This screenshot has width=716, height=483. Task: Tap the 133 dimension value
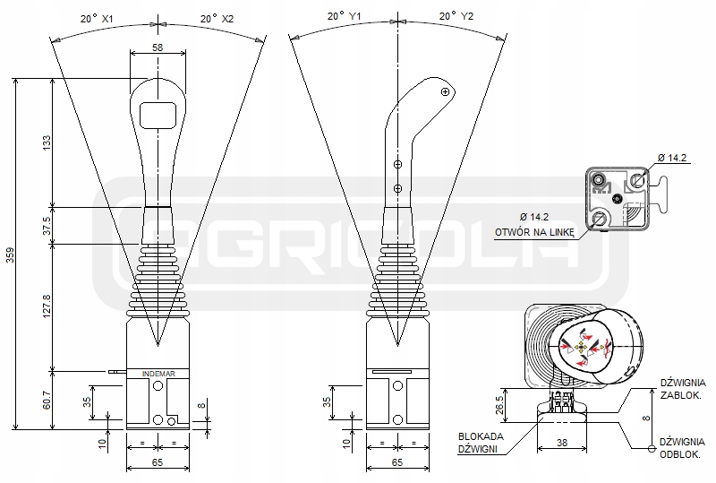click(46, 143)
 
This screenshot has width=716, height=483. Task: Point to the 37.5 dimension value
click(46, 228)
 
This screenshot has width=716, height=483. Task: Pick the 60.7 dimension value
click(46, 399)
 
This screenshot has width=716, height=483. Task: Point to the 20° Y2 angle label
click(457, 16)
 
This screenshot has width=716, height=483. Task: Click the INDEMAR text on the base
click(158, 373)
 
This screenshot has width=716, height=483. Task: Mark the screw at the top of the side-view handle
click(445, 91)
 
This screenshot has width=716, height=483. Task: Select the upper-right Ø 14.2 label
click(672, 160)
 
